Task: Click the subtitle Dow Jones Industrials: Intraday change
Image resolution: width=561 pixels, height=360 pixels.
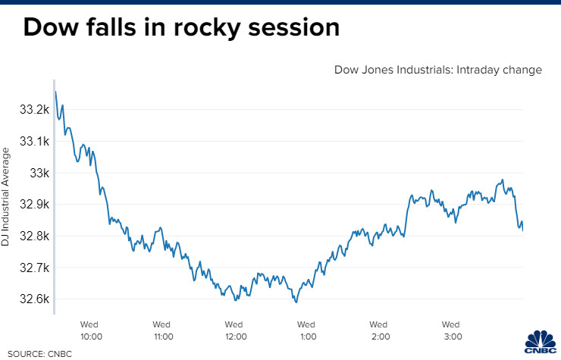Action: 438,70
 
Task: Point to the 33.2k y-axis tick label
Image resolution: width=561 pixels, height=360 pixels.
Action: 34,111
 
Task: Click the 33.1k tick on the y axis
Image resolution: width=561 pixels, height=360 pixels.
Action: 34,142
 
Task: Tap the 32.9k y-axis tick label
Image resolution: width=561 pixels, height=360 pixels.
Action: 34,205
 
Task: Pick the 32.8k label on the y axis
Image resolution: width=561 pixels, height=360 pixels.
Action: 34,236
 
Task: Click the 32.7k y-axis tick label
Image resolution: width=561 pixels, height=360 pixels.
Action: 34,268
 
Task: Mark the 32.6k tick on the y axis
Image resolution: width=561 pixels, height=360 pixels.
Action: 34,299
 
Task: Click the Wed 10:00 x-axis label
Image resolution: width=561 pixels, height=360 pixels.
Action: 92,330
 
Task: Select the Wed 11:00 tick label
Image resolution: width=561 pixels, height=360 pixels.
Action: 162,330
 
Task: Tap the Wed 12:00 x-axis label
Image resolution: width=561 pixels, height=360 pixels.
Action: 234,330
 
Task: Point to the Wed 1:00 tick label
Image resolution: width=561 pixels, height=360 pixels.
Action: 307,330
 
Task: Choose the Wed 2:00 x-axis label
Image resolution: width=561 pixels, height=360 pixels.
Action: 379,330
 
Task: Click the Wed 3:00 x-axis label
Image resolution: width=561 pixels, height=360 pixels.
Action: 452,330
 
